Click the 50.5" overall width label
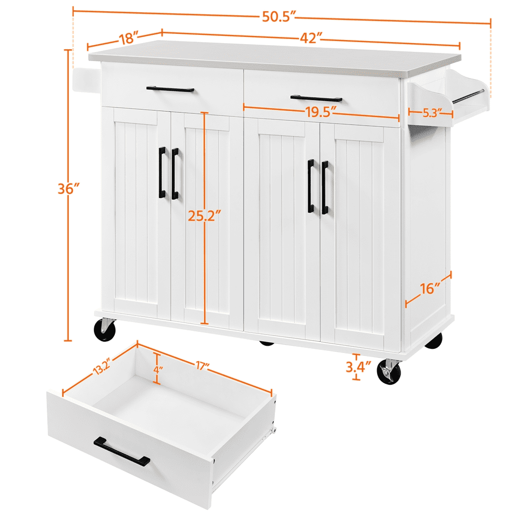(280, 17)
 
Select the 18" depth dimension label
(129, 38)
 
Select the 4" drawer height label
(157, 368)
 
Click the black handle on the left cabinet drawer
(170, 89)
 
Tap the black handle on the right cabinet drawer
(316, 98)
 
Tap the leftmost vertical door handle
(162, 173)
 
